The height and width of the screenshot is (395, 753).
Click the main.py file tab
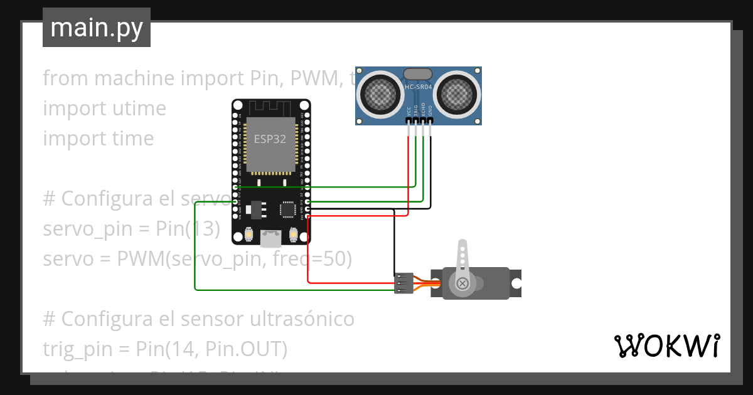(x=96, y=28)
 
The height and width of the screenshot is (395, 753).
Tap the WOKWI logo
(x=666, y=345)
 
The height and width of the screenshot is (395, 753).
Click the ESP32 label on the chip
(x=270, y=139)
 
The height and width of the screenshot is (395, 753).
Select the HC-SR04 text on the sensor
(x=419, y=87)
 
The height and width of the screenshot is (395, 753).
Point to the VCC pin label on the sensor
(x=409, y=111)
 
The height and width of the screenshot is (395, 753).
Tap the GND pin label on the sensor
(x=430, y=111)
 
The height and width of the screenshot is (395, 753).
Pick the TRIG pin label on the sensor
(x=415, y=110)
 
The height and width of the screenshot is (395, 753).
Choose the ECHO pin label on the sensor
(x=423, y=110)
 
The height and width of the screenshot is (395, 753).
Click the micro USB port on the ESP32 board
(x=271, y=238)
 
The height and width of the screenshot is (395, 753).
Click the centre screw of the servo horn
(x=462, y=284)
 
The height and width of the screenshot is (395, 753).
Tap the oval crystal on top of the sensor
(x=419, y=74)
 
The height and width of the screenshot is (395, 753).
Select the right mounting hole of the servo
(x=516, y=283)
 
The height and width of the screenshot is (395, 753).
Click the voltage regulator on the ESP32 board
(x=254, y=208)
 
